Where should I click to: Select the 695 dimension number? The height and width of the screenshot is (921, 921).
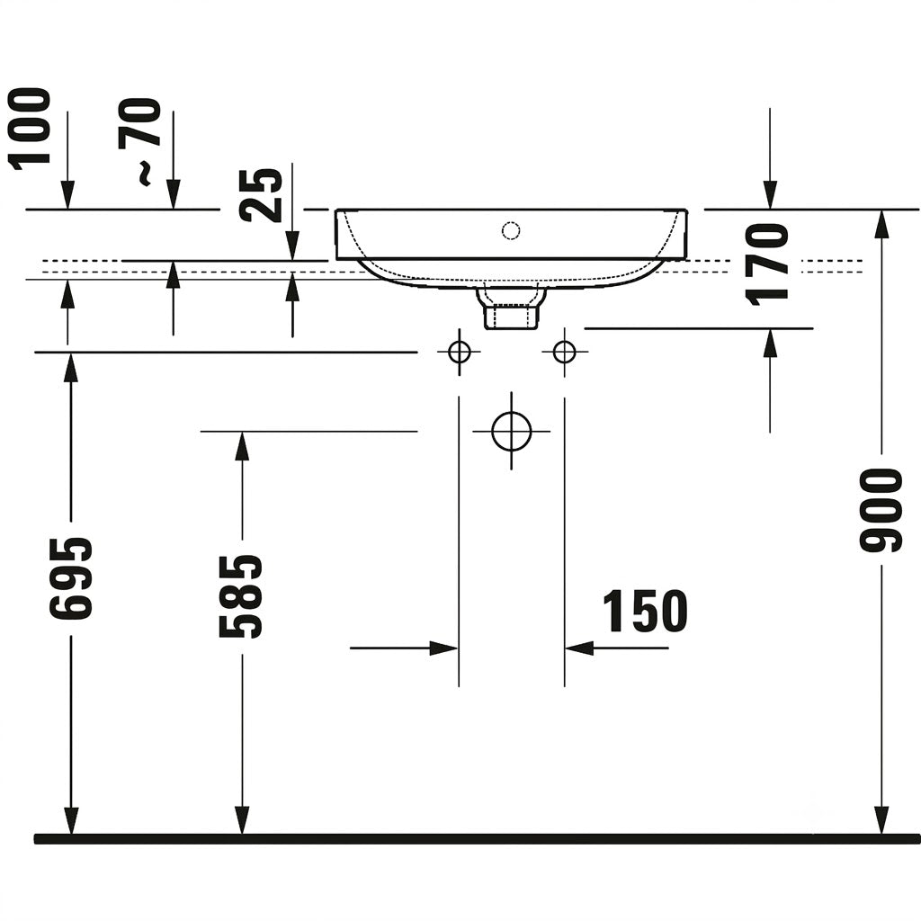(70, 578)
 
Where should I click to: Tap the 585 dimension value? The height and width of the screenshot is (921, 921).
(240, 596)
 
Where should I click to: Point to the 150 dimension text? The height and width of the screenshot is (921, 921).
(645, 612)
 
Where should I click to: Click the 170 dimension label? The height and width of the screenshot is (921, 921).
(766, 264)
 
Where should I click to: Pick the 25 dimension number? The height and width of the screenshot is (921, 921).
(262, 195)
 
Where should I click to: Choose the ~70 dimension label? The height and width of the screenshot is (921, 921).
(139, 141)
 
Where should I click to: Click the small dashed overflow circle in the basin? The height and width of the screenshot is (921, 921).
(511, 230)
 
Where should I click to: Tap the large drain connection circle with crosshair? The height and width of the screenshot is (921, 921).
(512, 431)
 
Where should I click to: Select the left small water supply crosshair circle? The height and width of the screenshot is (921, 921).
(459, 353)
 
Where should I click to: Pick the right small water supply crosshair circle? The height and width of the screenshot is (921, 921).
(565, 353)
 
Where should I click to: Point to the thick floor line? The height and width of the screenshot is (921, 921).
(477, 839)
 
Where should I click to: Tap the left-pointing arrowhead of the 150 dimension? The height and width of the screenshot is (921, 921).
(579, 648)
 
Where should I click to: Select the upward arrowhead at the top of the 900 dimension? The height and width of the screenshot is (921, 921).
(881, 224)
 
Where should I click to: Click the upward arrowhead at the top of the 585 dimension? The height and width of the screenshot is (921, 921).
(242, 446)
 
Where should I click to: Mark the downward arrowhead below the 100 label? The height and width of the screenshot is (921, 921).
(68, 195)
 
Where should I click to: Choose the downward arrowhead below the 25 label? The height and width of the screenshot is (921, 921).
(292, 246)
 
